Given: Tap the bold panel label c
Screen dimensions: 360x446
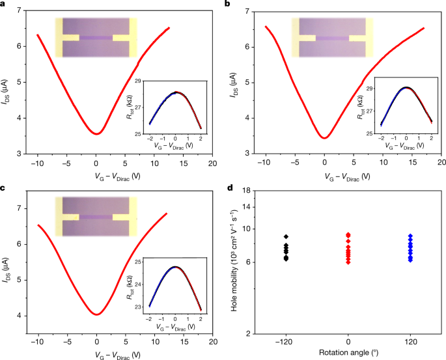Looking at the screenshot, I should click(5, 189).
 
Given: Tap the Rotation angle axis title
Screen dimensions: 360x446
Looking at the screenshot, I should click(348, 353).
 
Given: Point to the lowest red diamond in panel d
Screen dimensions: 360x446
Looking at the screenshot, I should click(348, 262).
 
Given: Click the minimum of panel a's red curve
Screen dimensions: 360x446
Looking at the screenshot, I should click(96, 133).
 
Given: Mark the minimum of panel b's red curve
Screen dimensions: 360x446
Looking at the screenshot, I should click(324, 137).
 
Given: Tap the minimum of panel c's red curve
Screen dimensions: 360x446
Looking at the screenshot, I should click(96, 314).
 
